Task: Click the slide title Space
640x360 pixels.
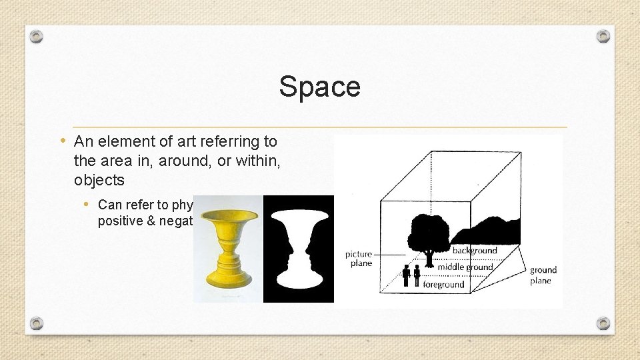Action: [319, 87]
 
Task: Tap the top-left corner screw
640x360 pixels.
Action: [37, 35]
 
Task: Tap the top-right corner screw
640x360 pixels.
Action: [603, 35]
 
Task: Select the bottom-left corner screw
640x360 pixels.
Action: [37, 323]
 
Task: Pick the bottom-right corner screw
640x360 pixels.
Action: [603, 323]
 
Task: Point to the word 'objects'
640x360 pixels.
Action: [99, 180]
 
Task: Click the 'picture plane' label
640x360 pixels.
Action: [359, 259]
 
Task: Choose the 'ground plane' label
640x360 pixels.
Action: [543, 275]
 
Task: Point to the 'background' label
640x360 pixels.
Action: [475, 251]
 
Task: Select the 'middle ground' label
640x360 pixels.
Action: [465, 267]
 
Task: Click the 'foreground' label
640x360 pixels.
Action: [443, 285]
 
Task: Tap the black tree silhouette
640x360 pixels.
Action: [428, 235]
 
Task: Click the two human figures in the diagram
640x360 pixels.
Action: [411, 275]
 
